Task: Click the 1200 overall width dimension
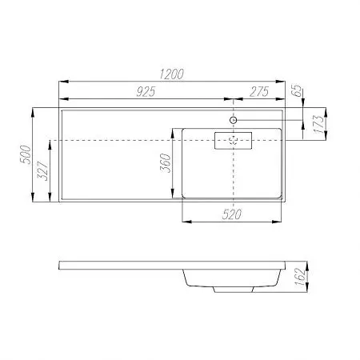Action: click(172, 74)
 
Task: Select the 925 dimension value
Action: click(146, 92)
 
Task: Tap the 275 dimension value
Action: click(259, 92)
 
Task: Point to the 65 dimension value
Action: click(297, 90)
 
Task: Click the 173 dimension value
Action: click(318, 124)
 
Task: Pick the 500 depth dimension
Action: click(26, 154)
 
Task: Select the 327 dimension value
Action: click(43, 170)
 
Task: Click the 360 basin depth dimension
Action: click(166, 163)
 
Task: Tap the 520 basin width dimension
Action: click(232, 214)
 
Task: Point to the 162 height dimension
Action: click(300, 277)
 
